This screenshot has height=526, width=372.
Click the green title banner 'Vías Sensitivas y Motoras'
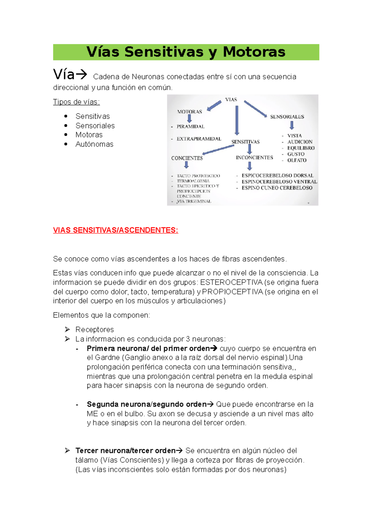click(186, 52)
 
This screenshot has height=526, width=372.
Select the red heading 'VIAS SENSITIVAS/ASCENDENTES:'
click(115, 230)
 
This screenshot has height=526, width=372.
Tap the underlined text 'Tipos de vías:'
click(76, 102)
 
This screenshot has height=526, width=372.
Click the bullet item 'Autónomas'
click(94, 144)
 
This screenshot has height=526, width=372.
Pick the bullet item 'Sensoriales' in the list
click(95, 126)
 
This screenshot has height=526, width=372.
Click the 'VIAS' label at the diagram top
click(231, 100)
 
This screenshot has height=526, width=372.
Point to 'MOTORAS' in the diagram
click(189, 112)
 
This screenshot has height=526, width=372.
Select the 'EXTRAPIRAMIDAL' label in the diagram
click(199, 139)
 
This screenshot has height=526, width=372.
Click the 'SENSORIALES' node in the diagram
click(287, 117)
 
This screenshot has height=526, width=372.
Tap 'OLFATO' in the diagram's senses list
click(297, 160)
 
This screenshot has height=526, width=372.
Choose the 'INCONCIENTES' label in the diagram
click(254, 158)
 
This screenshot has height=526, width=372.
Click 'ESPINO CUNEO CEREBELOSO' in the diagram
click(277, 188)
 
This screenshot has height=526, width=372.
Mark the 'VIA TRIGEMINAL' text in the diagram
click(194, 201)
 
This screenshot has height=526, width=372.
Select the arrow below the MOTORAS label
click(189, 119)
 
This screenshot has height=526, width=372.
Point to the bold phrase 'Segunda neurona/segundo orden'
click(146, 405)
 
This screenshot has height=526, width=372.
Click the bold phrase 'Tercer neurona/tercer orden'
click(125, 451)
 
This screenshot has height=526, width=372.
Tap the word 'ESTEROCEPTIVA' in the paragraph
click(231, 283)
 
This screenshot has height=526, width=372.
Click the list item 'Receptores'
click(95, 330)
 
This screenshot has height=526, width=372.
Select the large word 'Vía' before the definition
click(64, 75)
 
